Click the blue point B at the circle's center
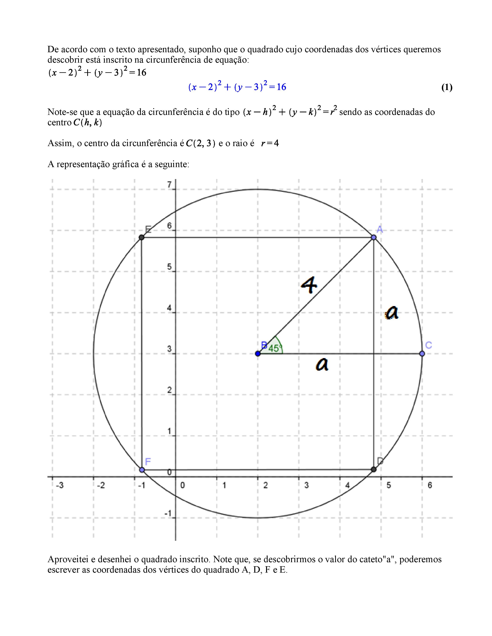click(258, 353)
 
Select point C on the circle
click(422, 353)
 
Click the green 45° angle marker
click(274, 348)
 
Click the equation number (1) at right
click(446, 87)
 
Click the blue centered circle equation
click(237, 87)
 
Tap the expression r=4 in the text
click(270, 143)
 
